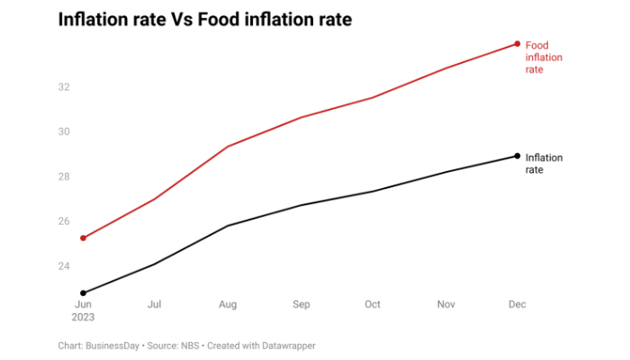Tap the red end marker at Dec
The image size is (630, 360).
pyautogui.click(x=517, y=43)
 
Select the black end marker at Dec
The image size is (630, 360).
pyautogui.click(x=517, y=156)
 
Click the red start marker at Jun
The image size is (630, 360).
pyautogui.click(x=84, y=238)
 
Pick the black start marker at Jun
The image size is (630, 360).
pyautogui.click(x=84, y=292)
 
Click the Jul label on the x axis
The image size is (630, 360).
pyautogui.click(x=156, y=305)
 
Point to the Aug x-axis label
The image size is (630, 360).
pyautogui.click(x=228, y=305)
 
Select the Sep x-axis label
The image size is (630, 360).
pyautogui.click(x=301, y=305)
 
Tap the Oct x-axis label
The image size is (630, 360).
pyautogui.click(x=373, y=305)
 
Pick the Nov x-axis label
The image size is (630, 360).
pyautogui.click(x=445, y=305)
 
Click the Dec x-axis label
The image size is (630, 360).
pyautogui.click(x=517, y=305)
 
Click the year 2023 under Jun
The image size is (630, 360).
pyautogui.click(x=84, y=317)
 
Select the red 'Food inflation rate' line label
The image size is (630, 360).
pyautogui.click(x=544, y=57)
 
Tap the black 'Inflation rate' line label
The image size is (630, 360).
pyautogui.click(x=544, y=163)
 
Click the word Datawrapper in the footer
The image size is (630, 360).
pyautogui.click(x=285, y=346)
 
